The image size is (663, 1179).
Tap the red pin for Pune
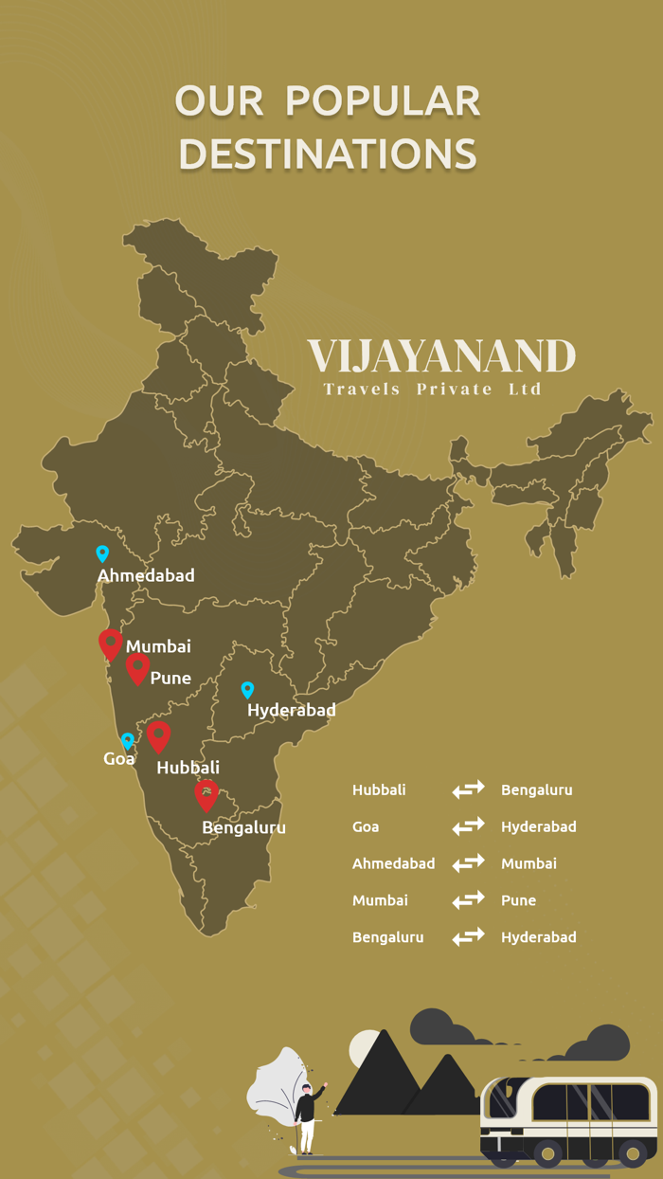pyautogui.click(x=138, y=668)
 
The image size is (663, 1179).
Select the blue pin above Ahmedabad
pyautogui.click(x=102, y=553)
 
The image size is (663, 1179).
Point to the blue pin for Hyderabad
pyautogui.click(x=247, y=690)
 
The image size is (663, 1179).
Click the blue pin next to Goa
pyautogui.click(x=127, y=741)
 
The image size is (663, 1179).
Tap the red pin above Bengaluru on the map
pyautogui.click(x=206, y=794)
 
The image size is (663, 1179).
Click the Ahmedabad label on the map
pyautogui.click(x=146, y=575)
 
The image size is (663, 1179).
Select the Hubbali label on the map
pyautogui.click(x=188, y=767)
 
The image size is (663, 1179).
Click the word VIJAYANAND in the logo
pyautogui.click(x=441, y=357)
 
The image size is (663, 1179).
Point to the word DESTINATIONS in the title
pyautogui.click(x=328, y=154)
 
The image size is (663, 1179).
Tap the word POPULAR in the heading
pyautogui.click(x=383, y=101)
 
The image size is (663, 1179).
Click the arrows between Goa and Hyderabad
pyautogui.click(x=468, y=826)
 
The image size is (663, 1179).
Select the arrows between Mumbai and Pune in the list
pyautogui.click(x=468, y=900)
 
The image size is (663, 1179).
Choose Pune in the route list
pyautogui.click(x=518, y=900)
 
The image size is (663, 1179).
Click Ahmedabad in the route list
pyautogui.click(x=393, y=863)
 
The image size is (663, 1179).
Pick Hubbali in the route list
pyautogui.click(x=379, y=789)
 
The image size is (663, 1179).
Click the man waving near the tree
pyautogui.click(x=308, y=1116)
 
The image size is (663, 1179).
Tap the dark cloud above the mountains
pyautogui.click(x=444, y=1027)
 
